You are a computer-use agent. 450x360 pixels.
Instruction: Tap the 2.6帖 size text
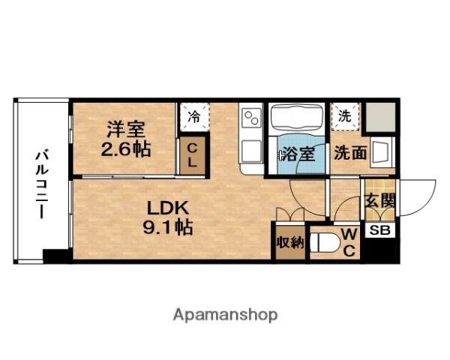click(x=125, y=148)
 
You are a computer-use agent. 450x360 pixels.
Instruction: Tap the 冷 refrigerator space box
click(x=193, y=117)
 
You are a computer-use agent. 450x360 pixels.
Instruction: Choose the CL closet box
click(x=193, y=155)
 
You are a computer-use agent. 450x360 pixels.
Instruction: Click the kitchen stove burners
click(x=250, y=118)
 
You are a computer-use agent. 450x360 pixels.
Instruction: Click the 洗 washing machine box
click(x=345, y=116)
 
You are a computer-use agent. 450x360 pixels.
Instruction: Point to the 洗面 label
click(x=350, y=154)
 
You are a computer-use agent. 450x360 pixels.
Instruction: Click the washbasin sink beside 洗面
click(x=382, y=152)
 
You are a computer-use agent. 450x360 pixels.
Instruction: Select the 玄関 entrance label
click(x=380, y=201)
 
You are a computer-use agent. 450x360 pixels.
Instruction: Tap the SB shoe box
click(x=379, y=230)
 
